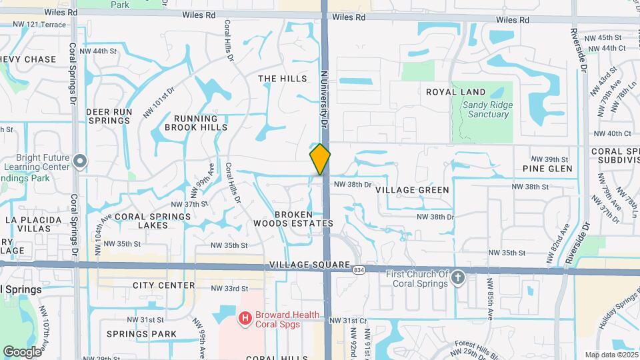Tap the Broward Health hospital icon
[x=245, y=319]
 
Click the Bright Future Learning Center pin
[x=80, y=161]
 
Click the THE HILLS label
[x=283, y=79]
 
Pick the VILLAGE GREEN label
[x=412, y=190]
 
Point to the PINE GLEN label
[x=547, y=169]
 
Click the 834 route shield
[x=359, y=270]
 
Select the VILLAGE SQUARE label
[x=310, y=265]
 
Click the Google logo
[x=22, y=351]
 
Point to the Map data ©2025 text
[x=610, y=355]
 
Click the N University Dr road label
[x=326, y=100]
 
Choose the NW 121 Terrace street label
[x=41, y=24]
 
